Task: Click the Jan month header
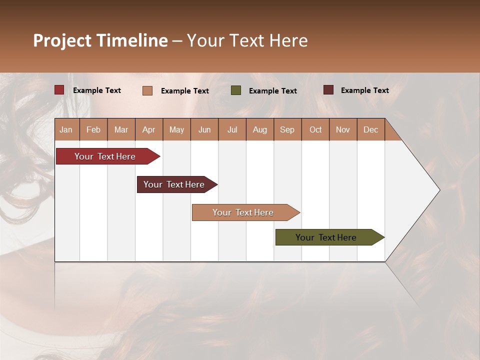pos(66,129)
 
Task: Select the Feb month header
pos(93,129)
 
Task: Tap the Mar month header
pos(121,129)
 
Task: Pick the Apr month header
pos(149,129)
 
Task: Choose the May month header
pos(176,129)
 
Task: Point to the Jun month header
pos(204,129)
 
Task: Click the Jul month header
pos(232,129)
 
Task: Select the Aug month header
pos(260,129)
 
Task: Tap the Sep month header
pos(287,129)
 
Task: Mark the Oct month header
pos(315,129)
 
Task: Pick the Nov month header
pos(343,129)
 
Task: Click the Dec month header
pos(371,129)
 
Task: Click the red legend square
pos(59,90)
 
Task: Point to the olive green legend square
pos(236,90)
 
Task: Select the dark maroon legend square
pos(328,90)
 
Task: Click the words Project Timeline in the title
pos(100,40)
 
